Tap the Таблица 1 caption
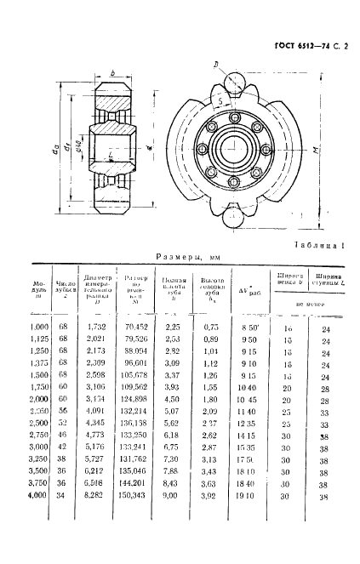(x=318, y=245)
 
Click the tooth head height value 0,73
(x=210, y=326)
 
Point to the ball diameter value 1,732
(x=95, y=326)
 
